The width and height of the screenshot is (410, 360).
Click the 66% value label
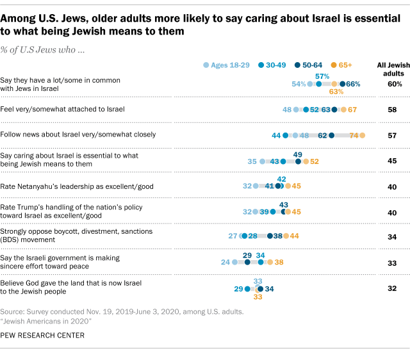(x=354, y=84)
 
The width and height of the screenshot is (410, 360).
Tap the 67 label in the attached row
(x=352, y=110)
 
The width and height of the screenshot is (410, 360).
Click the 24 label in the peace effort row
(x=225, y=262)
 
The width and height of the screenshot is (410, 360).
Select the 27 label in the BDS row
(x=234, y=236)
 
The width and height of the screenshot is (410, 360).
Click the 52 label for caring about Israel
(x=315, y=161)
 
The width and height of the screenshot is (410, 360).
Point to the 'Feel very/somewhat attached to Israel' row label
(x=63, y=110)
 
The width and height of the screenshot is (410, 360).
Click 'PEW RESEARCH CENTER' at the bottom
(x=42, y=335)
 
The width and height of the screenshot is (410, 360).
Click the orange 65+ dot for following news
(x=363, y=135)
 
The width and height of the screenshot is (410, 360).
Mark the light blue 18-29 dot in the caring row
(x=263, y=161)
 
